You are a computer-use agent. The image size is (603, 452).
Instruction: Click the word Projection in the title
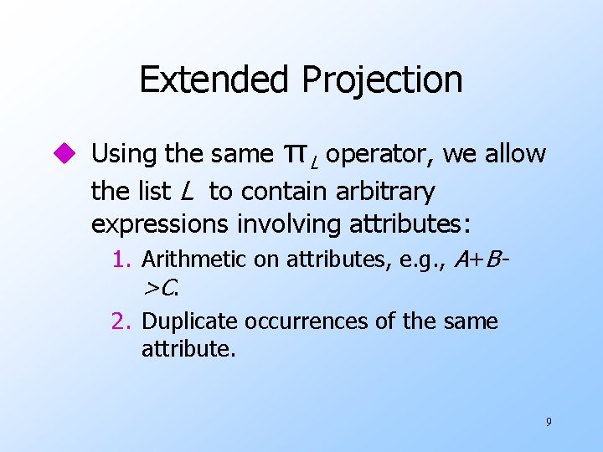tap(382, 80)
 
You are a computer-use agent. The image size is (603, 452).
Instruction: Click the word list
tap(152, 192)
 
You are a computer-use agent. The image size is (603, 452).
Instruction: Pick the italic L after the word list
tap(186, 192)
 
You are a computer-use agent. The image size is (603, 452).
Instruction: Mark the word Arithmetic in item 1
tap(197, 261)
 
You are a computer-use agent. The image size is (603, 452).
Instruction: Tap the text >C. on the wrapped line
tap(160, 289)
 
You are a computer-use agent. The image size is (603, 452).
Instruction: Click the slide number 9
tap(549, 422)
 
